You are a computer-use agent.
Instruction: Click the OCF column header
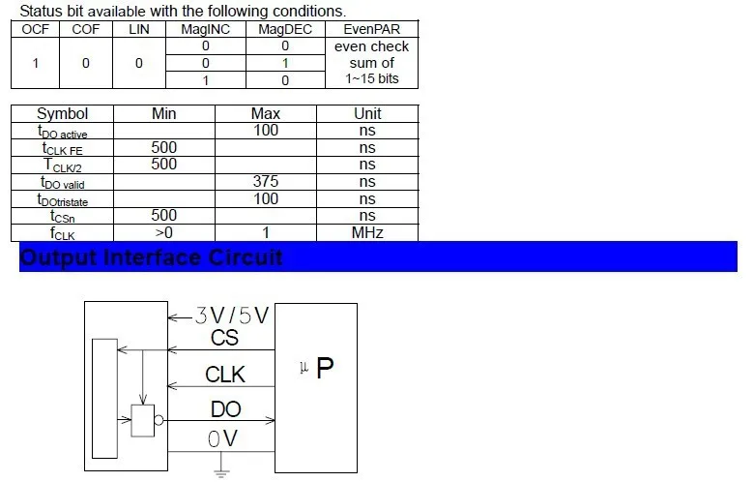coord(35,29)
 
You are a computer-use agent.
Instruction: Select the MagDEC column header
coord(285,29)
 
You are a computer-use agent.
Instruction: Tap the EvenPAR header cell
coord(372,29)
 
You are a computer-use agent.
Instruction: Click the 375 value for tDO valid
coord(266,181)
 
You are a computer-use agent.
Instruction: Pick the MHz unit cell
coord(367,233)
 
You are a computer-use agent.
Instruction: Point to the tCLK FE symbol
coord(63,148)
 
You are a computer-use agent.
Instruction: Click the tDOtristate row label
coord(63,199)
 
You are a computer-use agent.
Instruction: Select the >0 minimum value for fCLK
coord(163,233)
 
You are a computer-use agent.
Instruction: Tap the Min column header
coord(163,113)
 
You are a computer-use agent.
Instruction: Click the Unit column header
coord(367,113)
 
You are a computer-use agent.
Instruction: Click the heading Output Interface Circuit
coord(151,257)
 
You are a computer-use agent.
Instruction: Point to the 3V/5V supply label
coord(231,316)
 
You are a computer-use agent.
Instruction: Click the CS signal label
coord(224,338)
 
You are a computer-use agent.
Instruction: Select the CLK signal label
coord(225,375)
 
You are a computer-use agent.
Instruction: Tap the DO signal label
coord(225,409)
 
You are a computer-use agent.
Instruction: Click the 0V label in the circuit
coord(222,438)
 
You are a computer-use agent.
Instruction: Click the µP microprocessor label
coord(316,368)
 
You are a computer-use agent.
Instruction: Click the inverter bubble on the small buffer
coord(159,421)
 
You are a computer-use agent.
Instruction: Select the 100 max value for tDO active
coord(266,131)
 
